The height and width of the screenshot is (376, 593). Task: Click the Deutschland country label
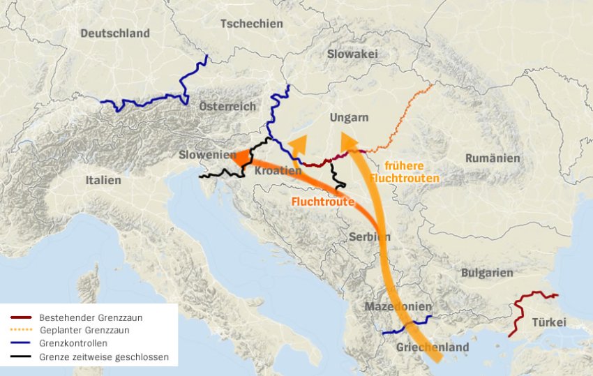114,33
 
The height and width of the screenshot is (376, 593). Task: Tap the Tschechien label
251,24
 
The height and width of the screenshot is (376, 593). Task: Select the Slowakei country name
352,54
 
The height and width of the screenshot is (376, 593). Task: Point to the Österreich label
227,106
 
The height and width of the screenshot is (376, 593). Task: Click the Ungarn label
350,118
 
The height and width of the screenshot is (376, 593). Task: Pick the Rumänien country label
493,158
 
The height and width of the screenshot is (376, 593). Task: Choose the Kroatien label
278,170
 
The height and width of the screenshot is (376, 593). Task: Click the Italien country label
103,180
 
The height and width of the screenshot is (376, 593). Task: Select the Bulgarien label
486,273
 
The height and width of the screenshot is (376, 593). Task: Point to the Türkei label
549,322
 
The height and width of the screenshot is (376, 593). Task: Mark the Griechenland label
433,347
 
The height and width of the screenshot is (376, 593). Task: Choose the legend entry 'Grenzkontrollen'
73,344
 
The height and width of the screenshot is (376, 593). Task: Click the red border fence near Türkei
522,307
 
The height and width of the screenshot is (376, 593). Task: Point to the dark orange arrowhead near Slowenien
237,158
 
